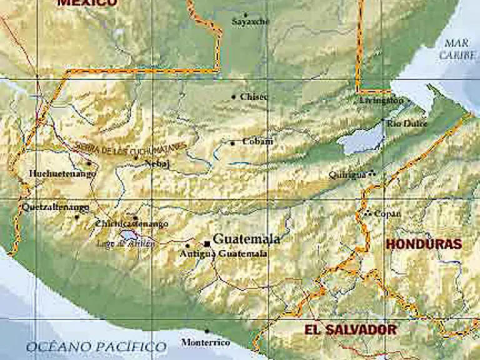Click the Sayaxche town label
coord(250,22)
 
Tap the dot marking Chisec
coord(234,97)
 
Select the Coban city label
coord(257,141)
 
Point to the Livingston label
coord(381,100)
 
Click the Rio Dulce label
coord(407,124)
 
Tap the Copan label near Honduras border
coord(387,214)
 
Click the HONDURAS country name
coord(424,244)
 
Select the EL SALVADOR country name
coord(350,329)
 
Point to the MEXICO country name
coord(87,2)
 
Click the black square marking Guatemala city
coord(207,244)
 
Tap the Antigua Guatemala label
coord(224,254)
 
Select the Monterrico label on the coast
coord(206,342)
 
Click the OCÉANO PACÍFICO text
coord(96,346)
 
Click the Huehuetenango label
coord(62,174)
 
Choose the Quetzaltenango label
coord(55,207)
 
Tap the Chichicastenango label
coord(132,224)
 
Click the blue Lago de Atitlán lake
coord(127,234)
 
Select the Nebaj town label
coord(157,164)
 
